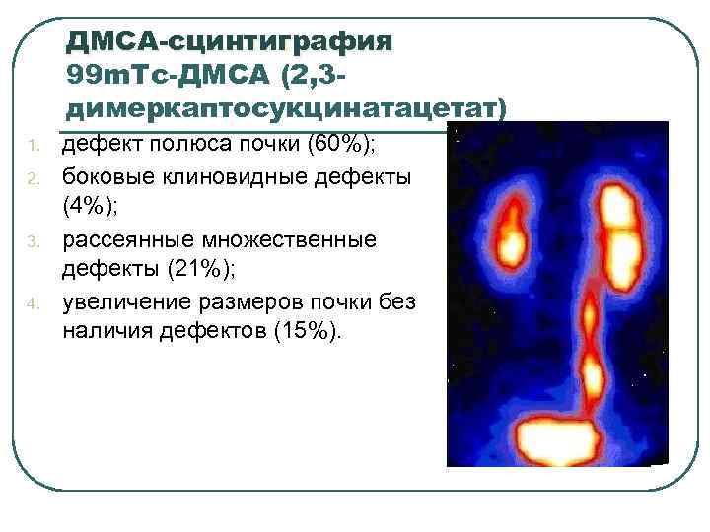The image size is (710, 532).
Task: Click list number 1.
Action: (32, 148)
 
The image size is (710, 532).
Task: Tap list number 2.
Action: (32, 178)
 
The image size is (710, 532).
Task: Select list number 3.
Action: (32, 240)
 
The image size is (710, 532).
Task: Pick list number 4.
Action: (32, 301)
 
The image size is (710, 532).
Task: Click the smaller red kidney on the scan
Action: (512, 234)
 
